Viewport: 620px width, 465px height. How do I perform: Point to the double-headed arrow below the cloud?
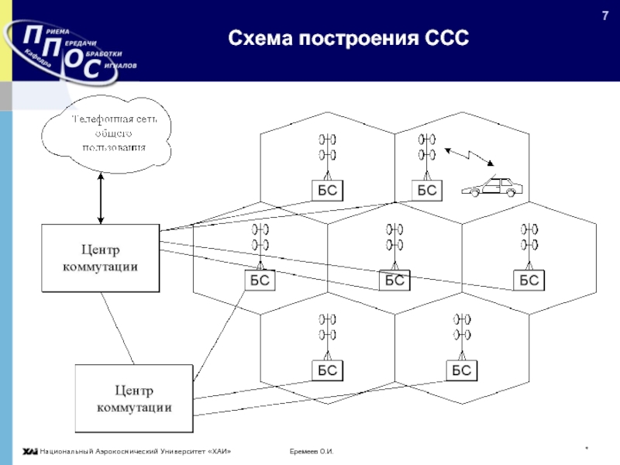click(x=101, y=198)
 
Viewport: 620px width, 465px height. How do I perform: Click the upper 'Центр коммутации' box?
click(x=100, y=258)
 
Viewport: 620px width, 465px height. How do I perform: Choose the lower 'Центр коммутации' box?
click(x=133, y=398)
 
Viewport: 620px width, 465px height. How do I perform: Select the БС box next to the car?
click(x=426, y=191)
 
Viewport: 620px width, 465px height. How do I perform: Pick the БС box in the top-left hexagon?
click(x=328, y=191)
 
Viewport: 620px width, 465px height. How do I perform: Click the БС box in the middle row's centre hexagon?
click(x=394, y=281)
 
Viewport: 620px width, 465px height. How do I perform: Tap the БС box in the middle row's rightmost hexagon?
click(x=529, y=281)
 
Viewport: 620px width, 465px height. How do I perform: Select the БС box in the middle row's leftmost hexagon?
click(x=260, y=281)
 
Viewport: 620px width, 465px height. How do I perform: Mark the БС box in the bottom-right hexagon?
click(x=462, y=370)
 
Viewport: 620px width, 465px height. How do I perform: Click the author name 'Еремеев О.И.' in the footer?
click(x=311, y=452)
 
